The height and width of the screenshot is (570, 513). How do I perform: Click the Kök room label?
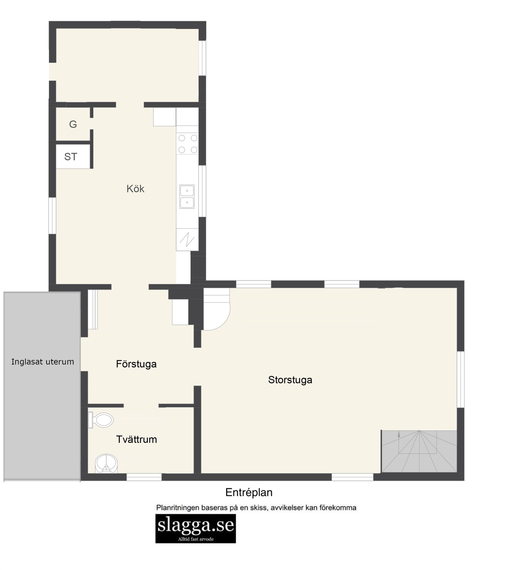click(135, 189)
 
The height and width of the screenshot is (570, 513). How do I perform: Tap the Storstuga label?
click(290, 380)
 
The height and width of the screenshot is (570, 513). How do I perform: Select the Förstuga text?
click(136, 364)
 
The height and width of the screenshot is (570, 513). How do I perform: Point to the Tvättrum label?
click(136, 439)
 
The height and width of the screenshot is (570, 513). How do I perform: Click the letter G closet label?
click(73, 124)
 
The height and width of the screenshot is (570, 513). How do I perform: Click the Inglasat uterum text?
click(42, 362)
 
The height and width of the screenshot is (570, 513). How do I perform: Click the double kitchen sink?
click(187, 197)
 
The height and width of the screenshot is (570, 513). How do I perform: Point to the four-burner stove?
click(187, 144)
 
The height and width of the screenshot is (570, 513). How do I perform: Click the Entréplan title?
click(249, 492)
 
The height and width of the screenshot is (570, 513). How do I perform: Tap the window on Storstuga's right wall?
click(460, 379)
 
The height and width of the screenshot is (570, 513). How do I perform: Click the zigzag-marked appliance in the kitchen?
click(187, 240)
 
